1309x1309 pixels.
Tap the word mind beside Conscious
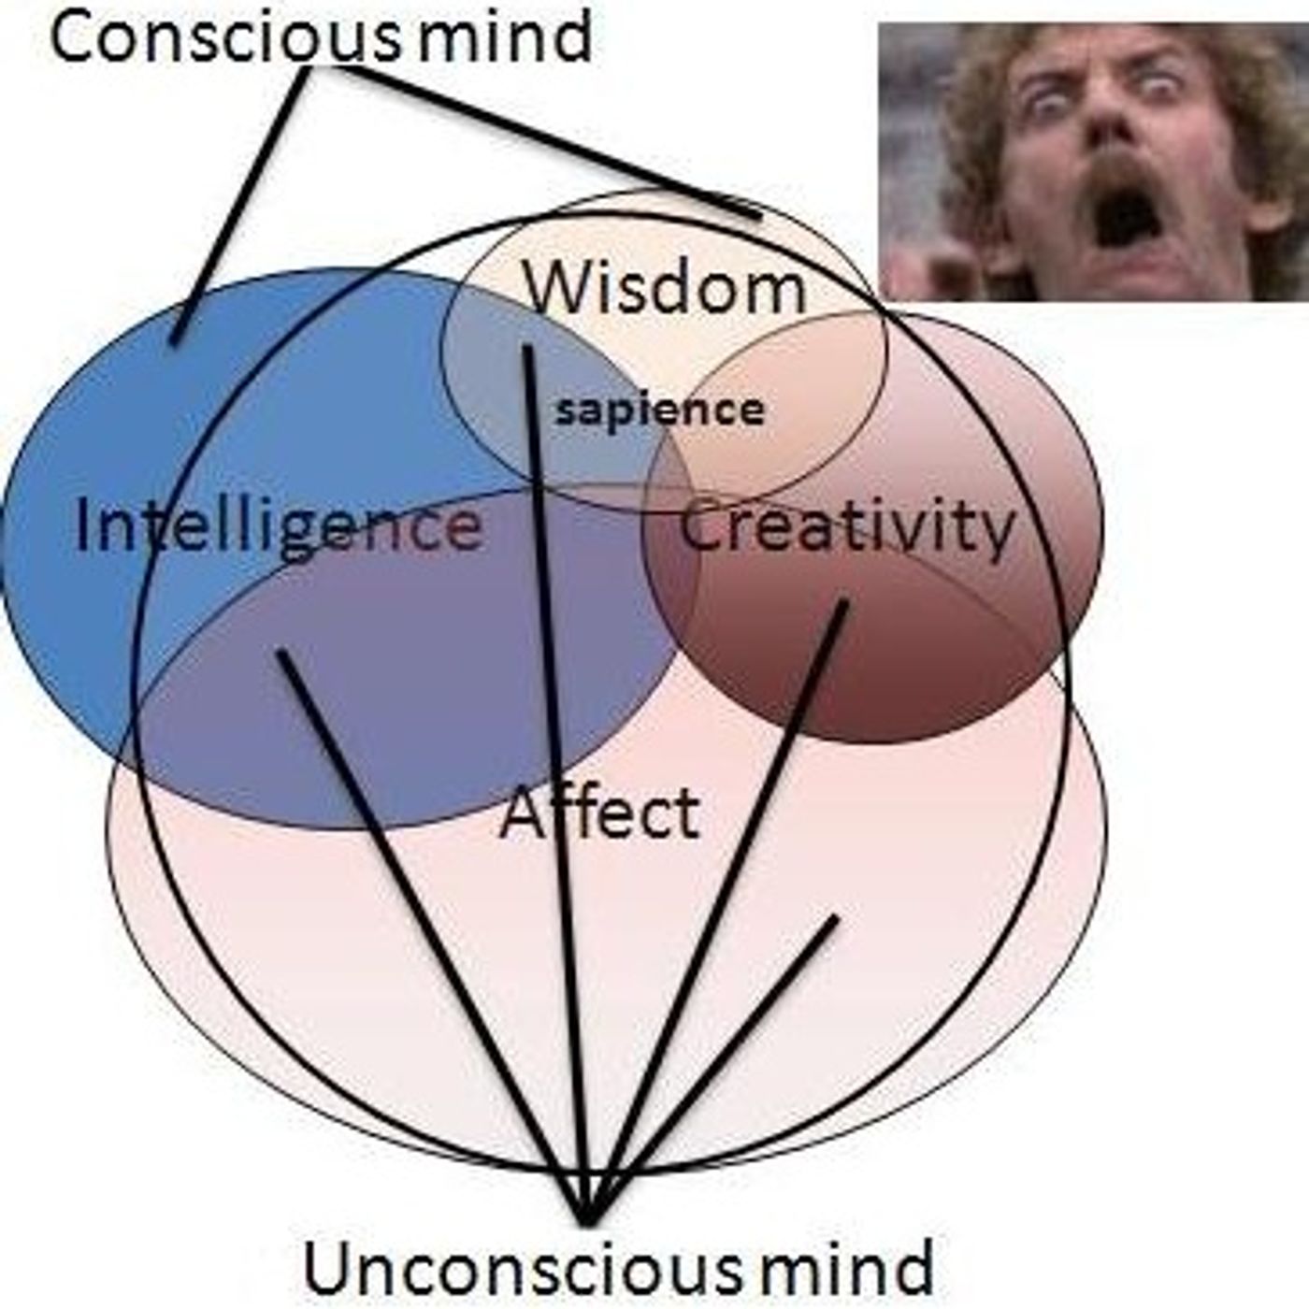pyautogui.click(x=505, y=37)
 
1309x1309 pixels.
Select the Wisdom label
pyautogui.click(x=665, y=288)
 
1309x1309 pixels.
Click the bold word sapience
pyautogui.click(x=659, y=410)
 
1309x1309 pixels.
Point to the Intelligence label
pyautogui.click(x=278, y=525)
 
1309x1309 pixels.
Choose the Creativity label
pyautogui.click(x=846, y=525)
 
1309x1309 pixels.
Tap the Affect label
pyautogui.click(x=600, y=813)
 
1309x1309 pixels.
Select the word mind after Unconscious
pyautogui.click(x=846, y=1267)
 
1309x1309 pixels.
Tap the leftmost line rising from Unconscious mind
pyautogui.click(x=430, y=935)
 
